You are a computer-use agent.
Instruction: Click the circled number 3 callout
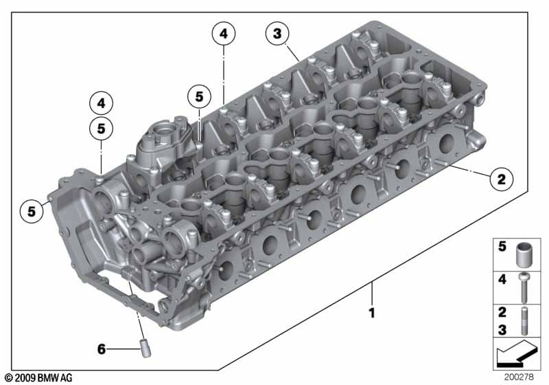(x=277, y=33)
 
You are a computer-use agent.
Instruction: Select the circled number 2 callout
(x=500, y=180)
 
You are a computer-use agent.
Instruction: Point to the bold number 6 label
(x=101, y=349)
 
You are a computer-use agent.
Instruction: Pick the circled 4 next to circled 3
(x=224, y=33)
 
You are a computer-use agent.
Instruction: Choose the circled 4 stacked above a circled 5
(x=101, y=104)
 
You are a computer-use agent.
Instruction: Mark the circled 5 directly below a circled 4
(x=101, y=128)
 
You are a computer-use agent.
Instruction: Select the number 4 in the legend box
(x=502, y=280)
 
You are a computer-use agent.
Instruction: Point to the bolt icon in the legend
(x=524, y=288)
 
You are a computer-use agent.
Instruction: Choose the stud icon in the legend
(x=524, y=321)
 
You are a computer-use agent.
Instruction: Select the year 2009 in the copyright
(x=24, y=378)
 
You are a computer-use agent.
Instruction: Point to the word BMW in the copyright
(x=47, y=378)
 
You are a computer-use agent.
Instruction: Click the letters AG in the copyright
(x=65, y=378)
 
